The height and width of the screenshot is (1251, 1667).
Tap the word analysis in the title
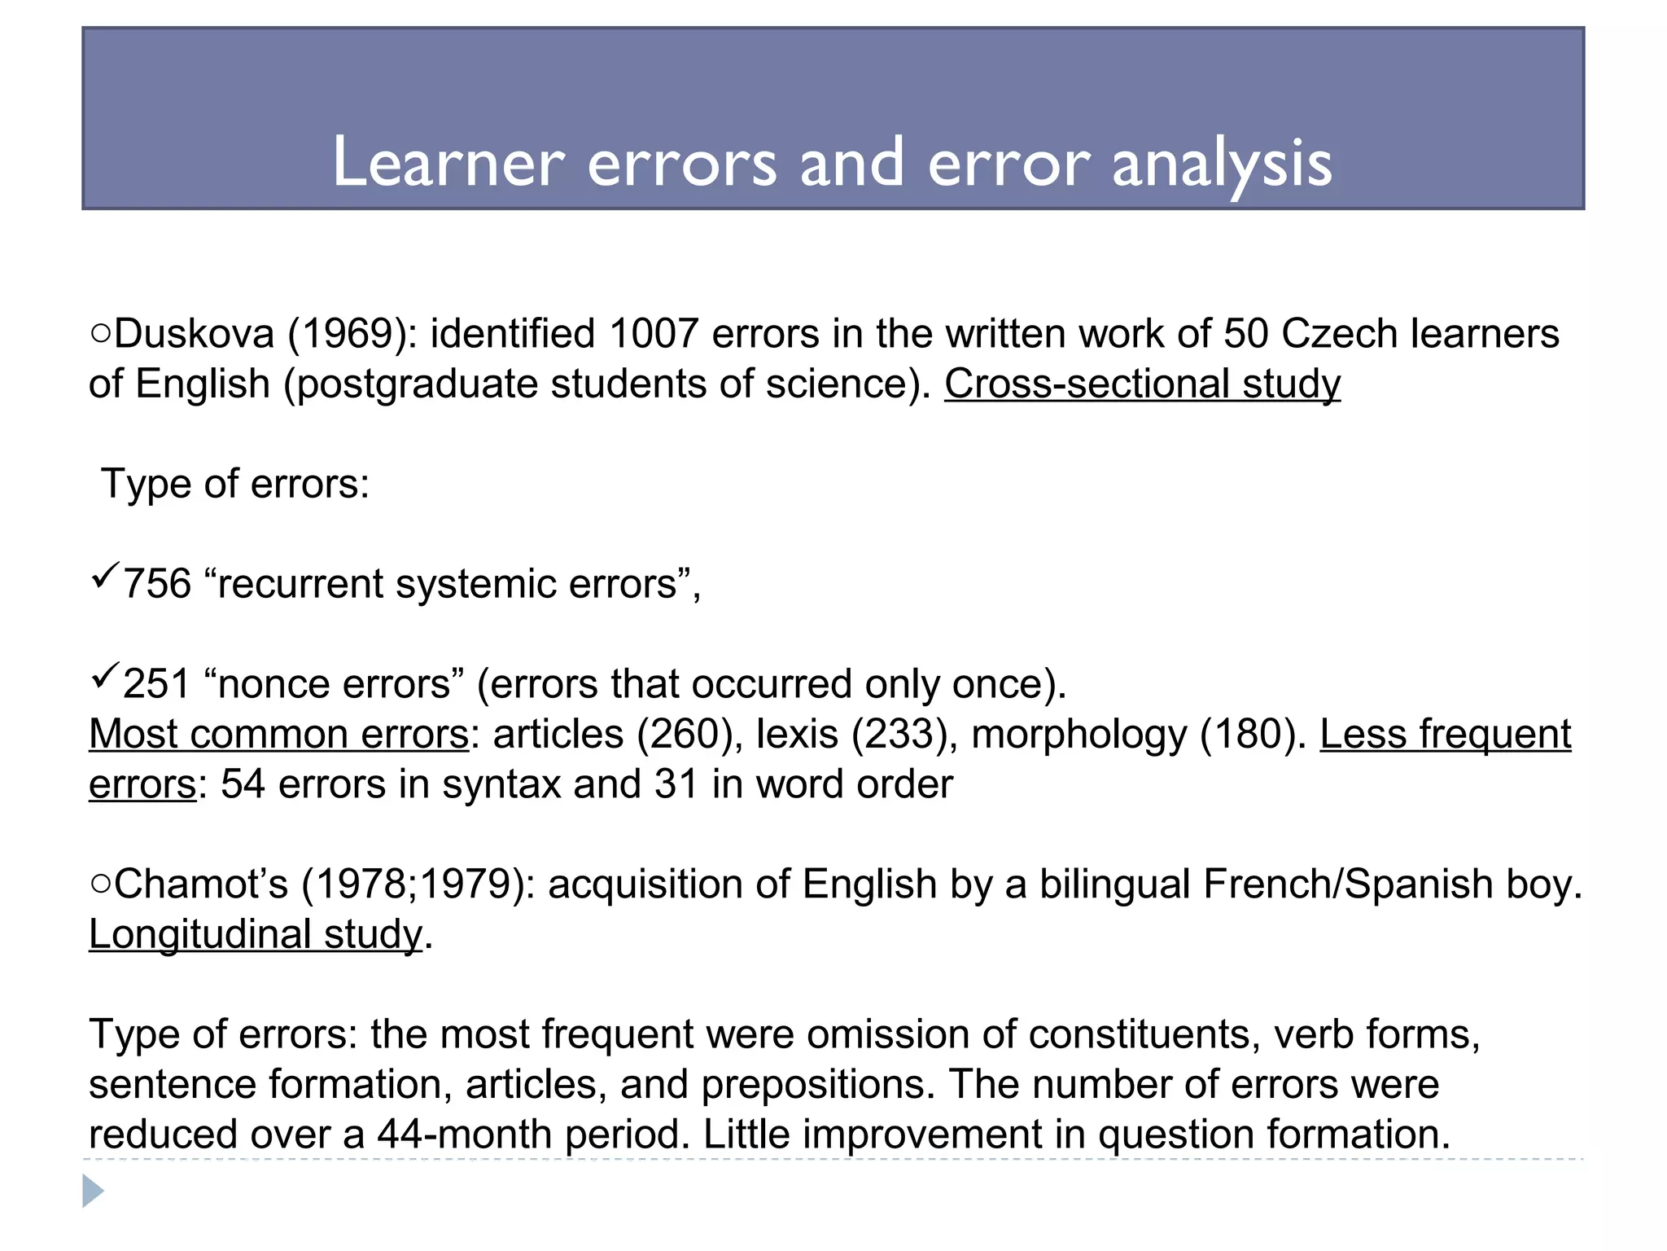click(x=1222, y=164)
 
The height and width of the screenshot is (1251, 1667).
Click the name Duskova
click(x=195, y=334)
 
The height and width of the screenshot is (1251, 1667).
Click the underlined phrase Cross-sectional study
click(x=1142, y=384)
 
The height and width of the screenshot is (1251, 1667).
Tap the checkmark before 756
click(x=105, y=576)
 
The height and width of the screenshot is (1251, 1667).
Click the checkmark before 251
click(x=105, y=676)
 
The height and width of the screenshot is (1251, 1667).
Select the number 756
click(x=157, y=584)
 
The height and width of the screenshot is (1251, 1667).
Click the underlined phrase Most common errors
click(x=279, y=734)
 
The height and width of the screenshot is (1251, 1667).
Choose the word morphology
click(x=1079, y=734)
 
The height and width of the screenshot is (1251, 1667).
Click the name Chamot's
click(x=201, y=884)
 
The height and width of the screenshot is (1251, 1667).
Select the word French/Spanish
click(x=1348, y=884)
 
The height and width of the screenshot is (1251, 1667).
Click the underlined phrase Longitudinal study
click(x=256, y=934)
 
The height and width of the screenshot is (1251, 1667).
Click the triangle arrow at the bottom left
click(x=93, y=1192)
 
